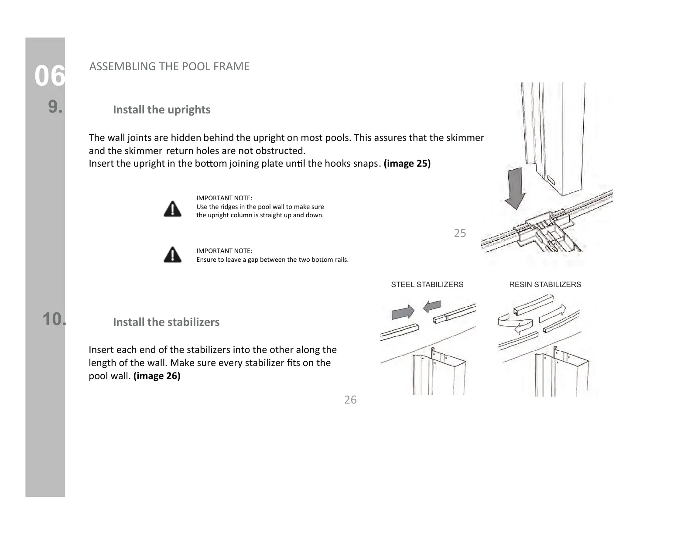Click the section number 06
point(50,76)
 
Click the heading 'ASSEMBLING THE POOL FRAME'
point(169,66)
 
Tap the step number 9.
point(55,106)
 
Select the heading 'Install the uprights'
point(161,110)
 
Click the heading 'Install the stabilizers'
point(166,322)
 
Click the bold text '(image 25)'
point(407,164)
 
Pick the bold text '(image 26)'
point(157,376)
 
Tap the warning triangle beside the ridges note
point(173,209)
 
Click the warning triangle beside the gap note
point(173,254)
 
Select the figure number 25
point(460,233)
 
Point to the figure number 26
point(350,400)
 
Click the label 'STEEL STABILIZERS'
point(427,284)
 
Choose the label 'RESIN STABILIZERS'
point(545,284)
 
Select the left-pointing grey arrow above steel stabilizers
point(432,306)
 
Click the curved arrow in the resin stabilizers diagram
point(515,324)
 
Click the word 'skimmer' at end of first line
point(467,138)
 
